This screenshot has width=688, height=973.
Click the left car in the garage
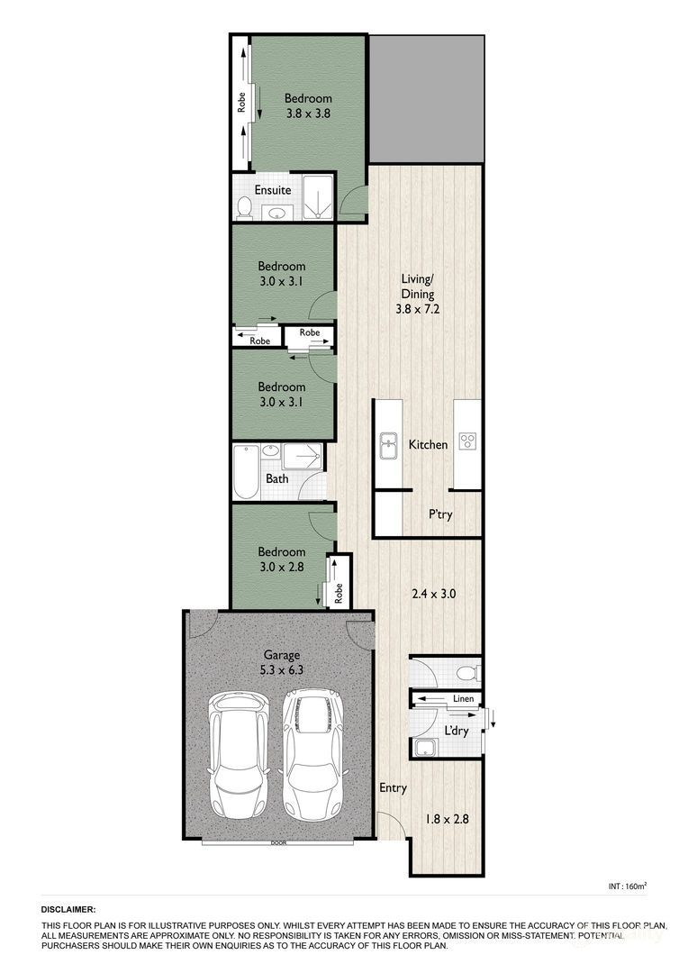[239, 752]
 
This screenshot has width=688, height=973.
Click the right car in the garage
[312, 752]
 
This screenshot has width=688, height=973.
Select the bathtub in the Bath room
[246, 471]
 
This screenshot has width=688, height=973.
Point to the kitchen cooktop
[467, 441]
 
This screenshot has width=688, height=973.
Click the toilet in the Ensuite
[243, 207]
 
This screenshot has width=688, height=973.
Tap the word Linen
[463, 699]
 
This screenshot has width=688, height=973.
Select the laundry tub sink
[424, 747]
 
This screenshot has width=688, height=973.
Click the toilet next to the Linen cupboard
[466, 672]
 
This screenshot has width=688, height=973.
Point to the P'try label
[440, 514]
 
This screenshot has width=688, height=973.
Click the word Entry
[392, 787]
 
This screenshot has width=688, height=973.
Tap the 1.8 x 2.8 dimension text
[447, 820]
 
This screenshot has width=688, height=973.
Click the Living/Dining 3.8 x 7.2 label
[418, 294]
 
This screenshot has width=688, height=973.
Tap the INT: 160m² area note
[628, 887]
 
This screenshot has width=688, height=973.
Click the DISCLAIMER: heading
[68, 911]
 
